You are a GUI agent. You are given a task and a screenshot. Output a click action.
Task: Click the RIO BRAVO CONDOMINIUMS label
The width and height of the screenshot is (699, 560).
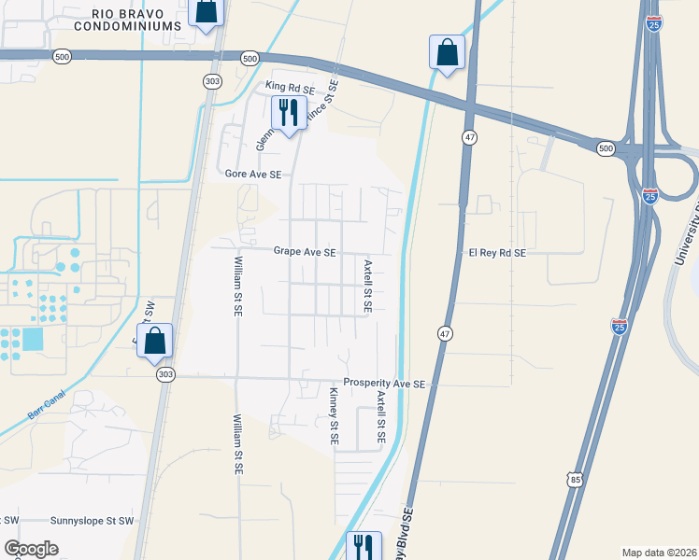click(136, 20)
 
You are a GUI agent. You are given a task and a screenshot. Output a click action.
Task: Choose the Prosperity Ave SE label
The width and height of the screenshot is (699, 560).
click(384, 384)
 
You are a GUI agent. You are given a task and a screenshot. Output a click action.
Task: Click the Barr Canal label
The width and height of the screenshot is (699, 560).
click(44, 408)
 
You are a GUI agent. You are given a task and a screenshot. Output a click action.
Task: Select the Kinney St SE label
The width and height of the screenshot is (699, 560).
click(333, 416)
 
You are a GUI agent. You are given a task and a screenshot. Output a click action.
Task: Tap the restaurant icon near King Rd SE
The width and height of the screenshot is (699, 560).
click(288, 113)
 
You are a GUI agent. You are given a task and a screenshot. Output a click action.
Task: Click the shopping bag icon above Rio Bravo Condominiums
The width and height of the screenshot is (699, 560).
click(205, 12)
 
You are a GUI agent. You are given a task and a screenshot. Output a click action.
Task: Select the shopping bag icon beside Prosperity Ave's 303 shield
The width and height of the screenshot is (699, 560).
click(155, 342)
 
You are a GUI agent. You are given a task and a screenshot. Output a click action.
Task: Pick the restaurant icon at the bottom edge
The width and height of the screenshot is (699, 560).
click(363, 547)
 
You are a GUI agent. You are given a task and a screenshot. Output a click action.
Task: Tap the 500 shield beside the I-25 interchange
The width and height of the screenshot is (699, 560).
click(606, 148)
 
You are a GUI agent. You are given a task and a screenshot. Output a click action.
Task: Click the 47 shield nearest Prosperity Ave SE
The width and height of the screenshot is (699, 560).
click(443, 333)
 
